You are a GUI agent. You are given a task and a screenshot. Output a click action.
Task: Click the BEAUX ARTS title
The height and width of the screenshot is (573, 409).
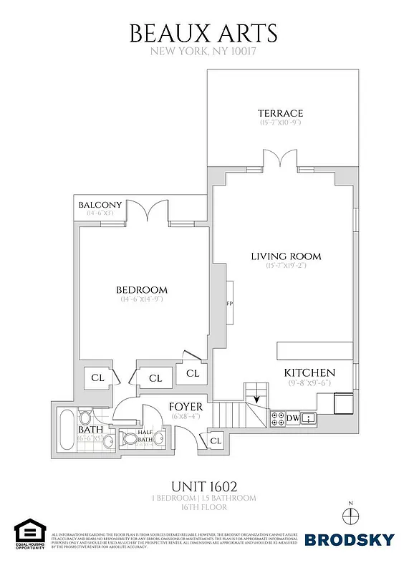203,33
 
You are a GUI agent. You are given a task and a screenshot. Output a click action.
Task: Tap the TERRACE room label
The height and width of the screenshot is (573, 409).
280,113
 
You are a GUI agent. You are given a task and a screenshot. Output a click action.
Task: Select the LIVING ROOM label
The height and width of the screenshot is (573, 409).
285,256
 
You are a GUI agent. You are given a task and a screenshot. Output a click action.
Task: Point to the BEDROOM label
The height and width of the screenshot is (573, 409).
142,289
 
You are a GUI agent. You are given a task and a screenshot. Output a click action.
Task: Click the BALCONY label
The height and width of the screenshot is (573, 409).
101,205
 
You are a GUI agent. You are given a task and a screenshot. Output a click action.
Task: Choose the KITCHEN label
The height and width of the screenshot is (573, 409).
309,373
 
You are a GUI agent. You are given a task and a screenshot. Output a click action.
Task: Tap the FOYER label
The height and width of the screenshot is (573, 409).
186,407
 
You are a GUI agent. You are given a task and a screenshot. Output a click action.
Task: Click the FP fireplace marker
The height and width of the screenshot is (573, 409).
230,304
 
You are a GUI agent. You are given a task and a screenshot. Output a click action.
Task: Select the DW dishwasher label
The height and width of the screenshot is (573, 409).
292,418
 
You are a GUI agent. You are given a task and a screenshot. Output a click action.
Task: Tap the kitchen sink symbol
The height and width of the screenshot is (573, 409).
309,418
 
